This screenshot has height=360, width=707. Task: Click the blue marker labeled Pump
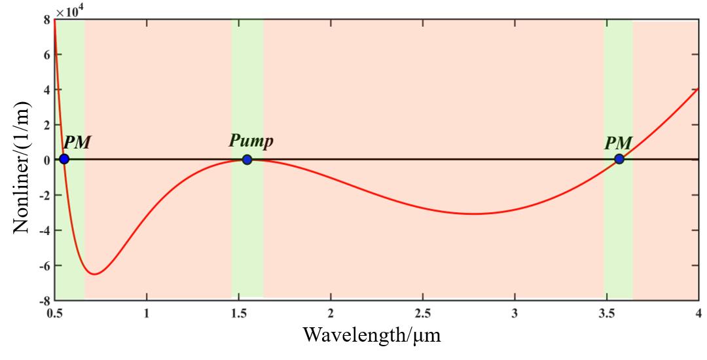[247, 159]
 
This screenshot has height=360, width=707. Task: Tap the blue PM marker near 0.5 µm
[64, 159]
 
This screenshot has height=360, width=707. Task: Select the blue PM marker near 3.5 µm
[619, 159]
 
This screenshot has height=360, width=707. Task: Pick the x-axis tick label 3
[515, 313]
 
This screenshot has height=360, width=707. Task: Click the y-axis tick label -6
[43, 266]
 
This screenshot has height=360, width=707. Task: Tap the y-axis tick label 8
[46, 20]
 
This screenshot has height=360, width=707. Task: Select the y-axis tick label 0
[46, 160]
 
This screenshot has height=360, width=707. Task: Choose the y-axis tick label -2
[43, 195]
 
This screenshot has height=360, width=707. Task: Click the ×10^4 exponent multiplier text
[69, 12]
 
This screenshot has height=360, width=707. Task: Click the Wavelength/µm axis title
[372, 336]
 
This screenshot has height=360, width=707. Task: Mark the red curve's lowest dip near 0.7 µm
[95, 274]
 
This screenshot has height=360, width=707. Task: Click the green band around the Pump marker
[247, 229]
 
